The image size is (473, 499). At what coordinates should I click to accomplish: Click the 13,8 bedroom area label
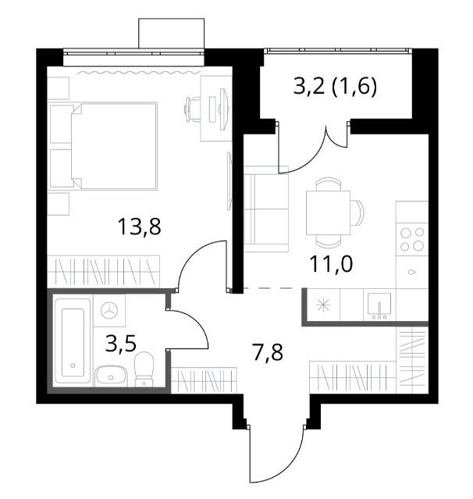(x=139, y=226)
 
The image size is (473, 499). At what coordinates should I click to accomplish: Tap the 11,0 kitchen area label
(x=331, y=264)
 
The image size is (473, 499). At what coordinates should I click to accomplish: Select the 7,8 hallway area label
(x=269, y=353)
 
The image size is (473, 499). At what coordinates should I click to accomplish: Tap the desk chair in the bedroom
(x=193, y=109)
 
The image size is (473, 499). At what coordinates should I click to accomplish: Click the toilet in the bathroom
(x=144, y=369)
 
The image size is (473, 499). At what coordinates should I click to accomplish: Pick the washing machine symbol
(x=109, y=310)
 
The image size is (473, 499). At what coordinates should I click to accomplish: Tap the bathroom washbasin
(x=111, y=376)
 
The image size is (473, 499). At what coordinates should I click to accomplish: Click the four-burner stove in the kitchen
(x=412, y=239)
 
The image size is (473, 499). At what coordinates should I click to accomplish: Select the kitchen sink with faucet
(x=379, y=305)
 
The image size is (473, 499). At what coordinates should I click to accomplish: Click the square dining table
(x=328, y=212)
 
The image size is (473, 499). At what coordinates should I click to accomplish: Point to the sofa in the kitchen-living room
(x=266, y=209)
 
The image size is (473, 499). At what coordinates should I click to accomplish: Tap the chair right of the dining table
(x=357, y=212)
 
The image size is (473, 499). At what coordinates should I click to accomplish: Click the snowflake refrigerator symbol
(x=323, y=305)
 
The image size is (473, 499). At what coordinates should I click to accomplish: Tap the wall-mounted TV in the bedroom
(x=229, y=181)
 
